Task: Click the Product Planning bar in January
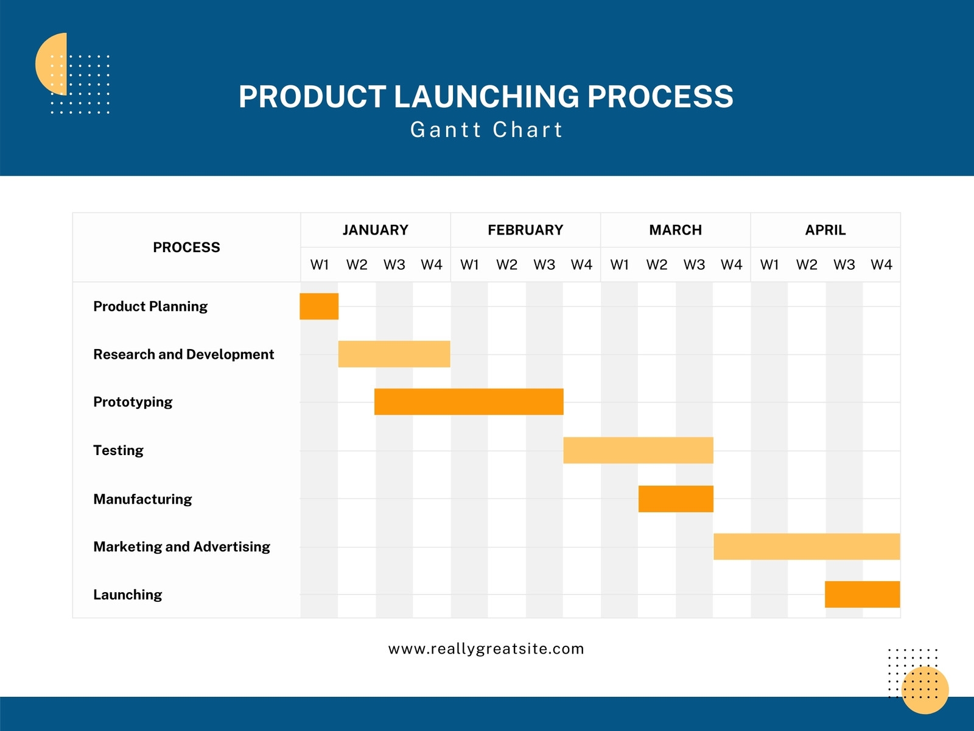319,306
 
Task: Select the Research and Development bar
394,354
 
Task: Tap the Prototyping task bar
469,402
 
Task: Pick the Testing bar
638,450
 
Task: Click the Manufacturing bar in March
676,499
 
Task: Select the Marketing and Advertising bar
807,546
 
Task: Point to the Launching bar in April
862,595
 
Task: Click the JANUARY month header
375,230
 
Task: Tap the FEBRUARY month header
525,230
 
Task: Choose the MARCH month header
675,230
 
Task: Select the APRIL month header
825,230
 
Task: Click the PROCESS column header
186,247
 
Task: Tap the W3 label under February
544,265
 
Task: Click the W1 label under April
769,265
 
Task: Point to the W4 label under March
731,265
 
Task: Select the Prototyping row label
133,402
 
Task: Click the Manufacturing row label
142,500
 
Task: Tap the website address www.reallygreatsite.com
486,649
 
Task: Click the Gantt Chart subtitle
486,130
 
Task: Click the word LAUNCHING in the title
486,97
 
